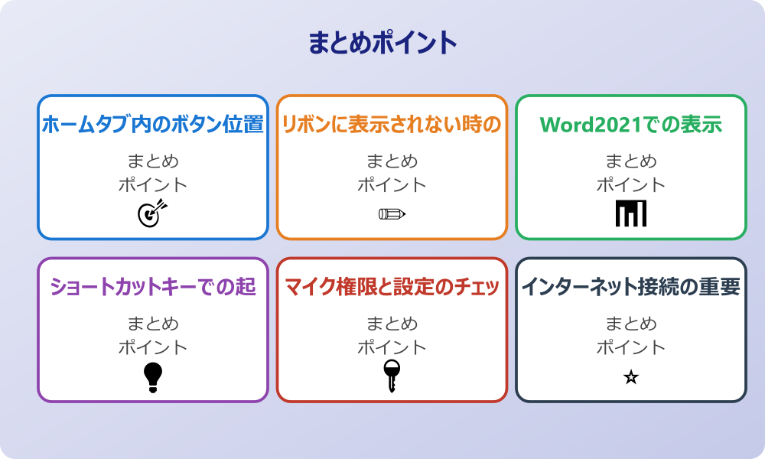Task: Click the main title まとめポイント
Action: pos(382,43)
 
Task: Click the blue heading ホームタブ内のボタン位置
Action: pos(153,124)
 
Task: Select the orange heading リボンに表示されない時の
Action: pos(392,124)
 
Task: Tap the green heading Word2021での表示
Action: pos(631,124)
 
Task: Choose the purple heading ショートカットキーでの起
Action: pos(153,287)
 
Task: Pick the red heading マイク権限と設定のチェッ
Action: pos(392,287)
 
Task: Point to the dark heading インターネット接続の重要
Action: pos(631,287)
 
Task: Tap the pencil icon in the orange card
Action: pos(392,213)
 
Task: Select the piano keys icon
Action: pos(631,213)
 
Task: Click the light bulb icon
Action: pos(153,377)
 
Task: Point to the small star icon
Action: pos(631,377)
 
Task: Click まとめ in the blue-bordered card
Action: pos(153,161)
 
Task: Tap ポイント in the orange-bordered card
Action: pos(392,184)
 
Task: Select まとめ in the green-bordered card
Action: pos(631,161)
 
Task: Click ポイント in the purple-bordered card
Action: pos(153,347)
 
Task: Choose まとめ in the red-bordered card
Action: pos(392,324)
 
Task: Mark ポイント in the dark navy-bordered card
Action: pos(631,347)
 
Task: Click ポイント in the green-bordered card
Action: pos(631,184)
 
